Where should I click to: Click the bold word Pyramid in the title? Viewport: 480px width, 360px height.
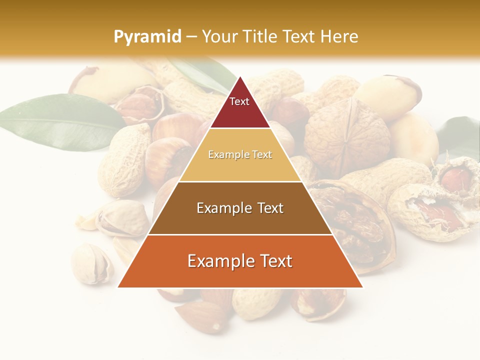pos(147,37)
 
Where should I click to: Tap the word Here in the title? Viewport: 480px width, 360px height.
pos(339,36)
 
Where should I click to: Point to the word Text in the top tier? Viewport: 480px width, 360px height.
pos(239,101)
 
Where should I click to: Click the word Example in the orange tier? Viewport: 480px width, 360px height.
pos(220,261)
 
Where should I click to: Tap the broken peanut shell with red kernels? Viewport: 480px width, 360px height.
pos(440,200)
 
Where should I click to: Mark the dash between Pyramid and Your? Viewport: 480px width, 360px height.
pos(191,37)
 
